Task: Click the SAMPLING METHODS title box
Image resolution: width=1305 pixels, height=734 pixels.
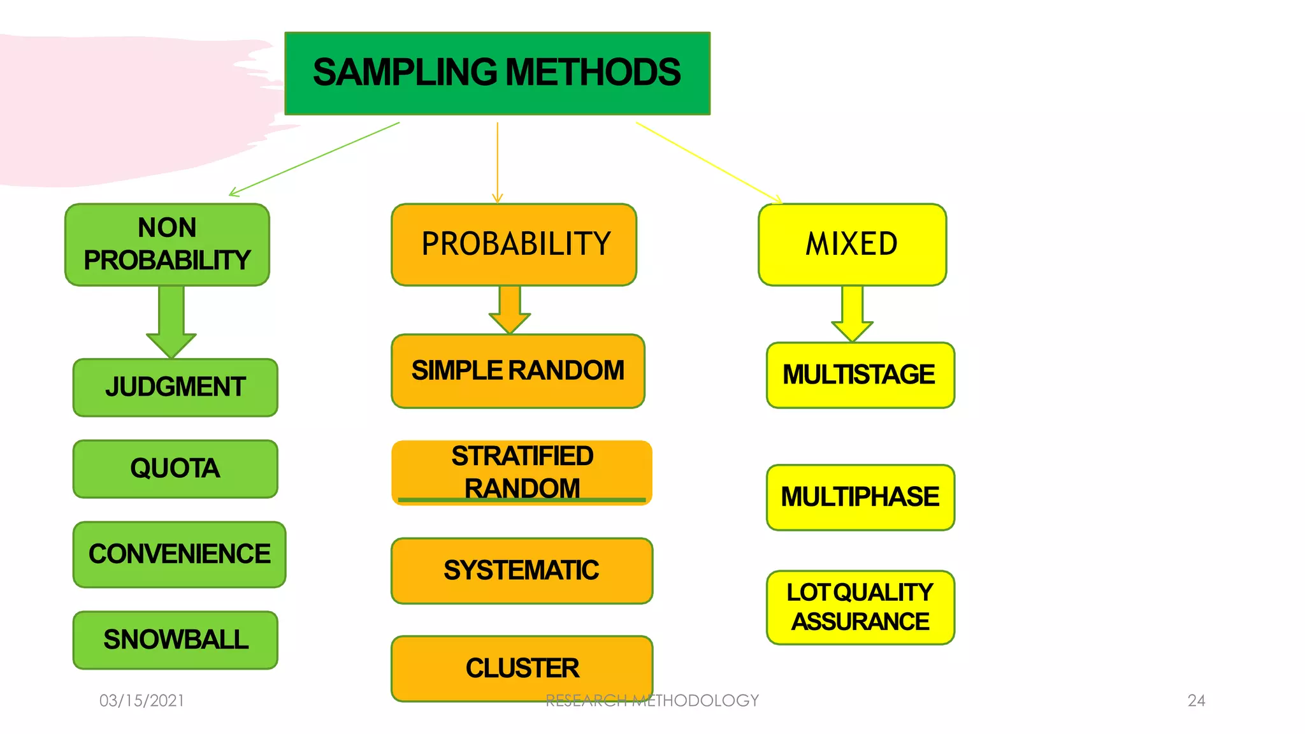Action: (x=497, y=73)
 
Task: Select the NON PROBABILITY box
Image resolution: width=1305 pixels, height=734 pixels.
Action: (x=167, y=245)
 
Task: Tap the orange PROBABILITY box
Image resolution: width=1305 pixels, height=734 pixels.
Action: (x=514, y=245)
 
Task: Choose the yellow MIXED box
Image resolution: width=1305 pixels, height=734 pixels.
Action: (x=852, y=245)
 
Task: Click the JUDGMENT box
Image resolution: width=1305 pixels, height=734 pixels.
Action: (x=175, y=387)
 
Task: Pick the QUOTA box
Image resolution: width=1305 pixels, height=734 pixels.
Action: (x=175, y=469)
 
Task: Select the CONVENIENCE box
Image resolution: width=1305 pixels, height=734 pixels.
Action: (x=179, y=554)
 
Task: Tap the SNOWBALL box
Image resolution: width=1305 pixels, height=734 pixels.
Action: (x=175, y=640)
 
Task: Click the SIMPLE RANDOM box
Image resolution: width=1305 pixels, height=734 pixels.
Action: (x=517, y=371)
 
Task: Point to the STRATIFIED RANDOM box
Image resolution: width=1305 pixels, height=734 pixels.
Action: (x=521, y=473)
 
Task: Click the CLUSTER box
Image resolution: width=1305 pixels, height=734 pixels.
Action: (x=521, y=668)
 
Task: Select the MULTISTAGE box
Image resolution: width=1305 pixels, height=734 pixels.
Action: (x=860, y=375)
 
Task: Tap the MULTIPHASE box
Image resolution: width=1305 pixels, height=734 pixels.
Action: (x=860, y=498)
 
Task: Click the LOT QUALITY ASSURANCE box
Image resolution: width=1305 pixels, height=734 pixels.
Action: (x=860, y=607)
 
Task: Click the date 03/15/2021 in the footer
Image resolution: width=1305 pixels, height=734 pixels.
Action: (x=141, y=701)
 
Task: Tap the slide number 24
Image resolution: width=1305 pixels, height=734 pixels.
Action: (x=1196, y=701)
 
